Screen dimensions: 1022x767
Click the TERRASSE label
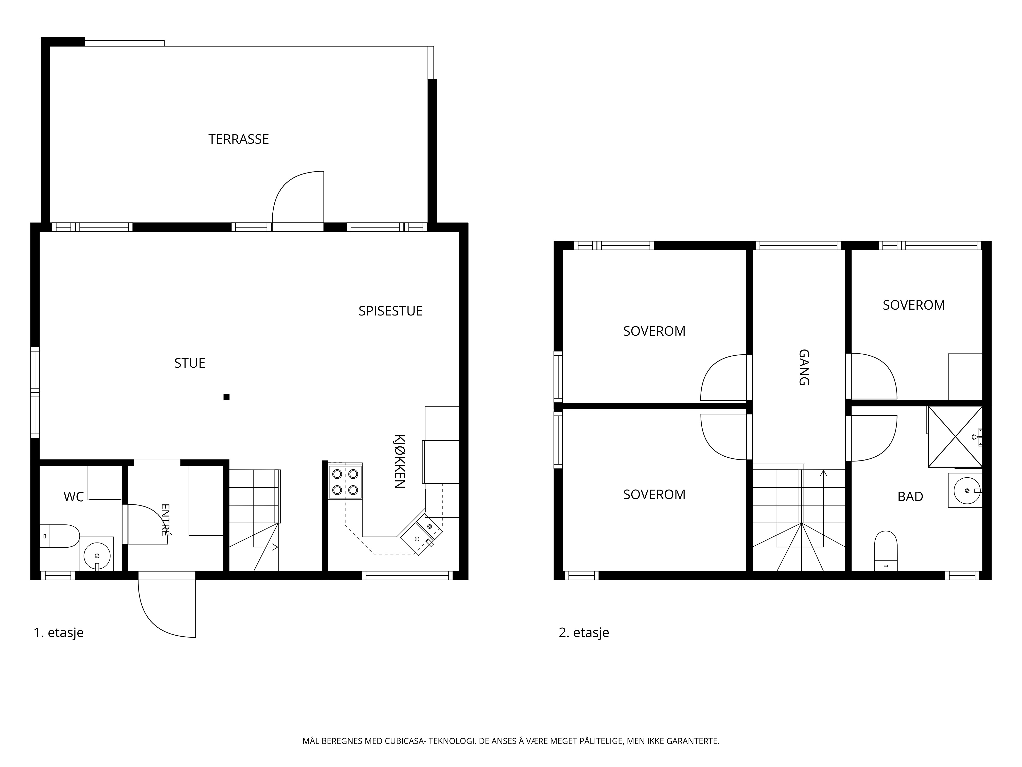coord(238,139)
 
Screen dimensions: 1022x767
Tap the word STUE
coord(189,363)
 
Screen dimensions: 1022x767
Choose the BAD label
coord(910,497)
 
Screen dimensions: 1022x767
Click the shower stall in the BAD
coord(955,436)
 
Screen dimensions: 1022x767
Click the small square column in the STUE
coord(226,397)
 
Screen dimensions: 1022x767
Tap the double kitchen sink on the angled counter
coord(421,532)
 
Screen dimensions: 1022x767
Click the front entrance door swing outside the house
coord(167,609)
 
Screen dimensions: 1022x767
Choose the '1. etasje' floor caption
coord(59,633)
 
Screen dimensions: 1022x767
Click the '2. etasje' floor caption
coord(584,633)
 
